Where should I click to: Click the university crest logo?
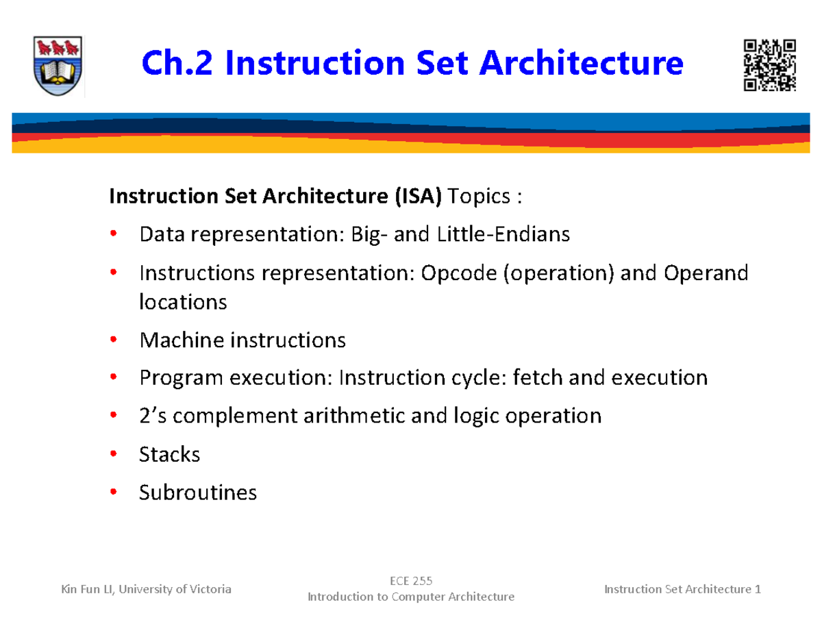click(x=58, y=66)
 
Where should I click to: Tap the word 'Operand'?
click(x=706, y=273)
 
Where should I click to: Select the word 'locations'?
click(x=182, y=302)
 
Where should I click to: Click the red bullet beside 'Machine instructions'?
click(x=114, y=340)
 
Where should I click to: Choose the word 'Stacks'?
click(x=169, y=454)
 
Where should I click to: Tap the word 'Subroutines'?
click(x=198, y=492)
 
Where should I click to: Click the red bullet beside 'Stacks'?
click(x=114, y=454)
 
